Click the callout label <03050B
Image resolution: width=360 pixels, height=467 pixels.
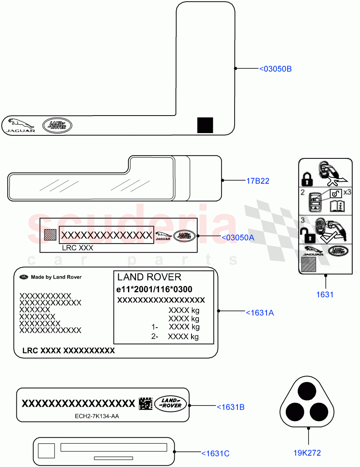275,69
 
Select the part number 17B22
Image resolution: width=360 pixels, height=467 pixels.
258,181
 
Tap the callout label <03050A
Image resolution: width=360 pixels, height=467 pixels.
237,237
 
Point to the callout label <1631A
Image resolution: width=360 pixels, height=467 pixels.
260,312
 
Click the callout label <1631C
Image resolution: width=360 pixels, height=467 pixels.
215,453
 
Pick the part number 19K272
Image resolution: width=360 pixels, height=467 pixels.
307,453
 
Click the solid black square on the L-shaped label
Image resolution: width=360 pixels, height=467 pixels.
205,125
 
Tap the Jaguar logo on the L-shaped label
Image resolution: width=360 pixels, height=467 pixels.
19,125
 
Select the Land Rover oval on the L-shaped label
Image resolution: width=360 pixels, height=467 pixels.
57,125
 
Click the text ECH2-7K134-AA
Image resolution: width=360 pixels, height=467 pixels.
97,416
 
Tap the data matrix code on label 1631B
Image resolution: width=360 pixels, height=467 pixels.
145,404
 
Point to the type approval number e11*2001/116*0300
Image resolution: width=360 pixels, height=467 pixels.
155,289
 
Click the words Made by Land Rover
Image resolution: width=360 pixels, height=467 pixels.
56,277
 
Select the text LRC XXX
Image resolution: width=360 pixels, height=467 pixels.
77,248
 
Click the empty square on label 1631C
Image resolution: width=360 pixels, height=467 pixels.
46,451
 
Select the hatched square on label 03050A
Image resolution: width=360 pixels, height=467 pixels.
51,235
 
